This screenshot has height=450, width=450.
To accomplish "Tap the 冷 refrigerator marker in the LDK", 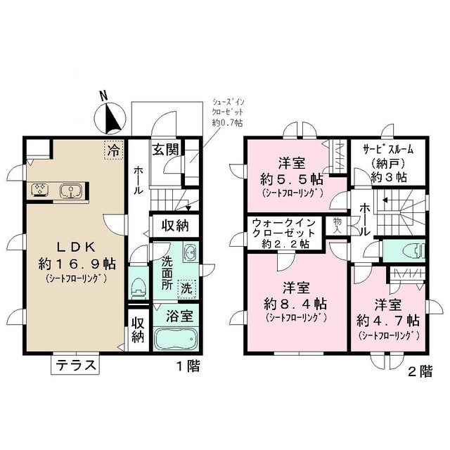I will pos(112,149).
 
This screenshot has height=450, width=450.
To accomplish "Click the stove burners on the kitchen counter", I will pos(39,190).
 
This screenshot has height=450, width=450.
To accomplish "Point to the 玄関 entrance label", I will pos(167,149).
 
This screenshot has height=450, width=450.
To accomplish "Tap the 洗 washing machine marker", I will pos(186,288).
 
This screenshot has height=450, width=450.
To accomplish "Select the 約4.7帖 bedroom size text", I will pos(387,321).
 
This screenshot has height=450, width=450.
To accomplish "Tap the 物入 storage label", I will pos(338,225).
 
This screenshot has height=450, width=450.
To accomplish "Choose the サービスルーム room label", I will pos(387,150).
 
